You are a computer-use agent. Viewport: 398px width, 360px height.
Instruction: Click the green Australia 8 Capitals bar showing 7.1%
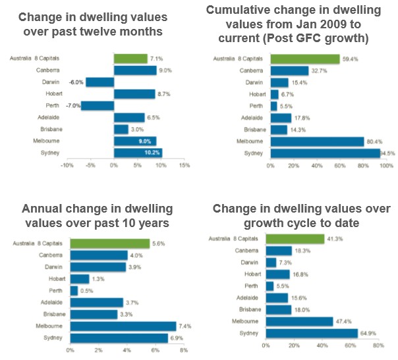pyautogui.click(x=130, y=59)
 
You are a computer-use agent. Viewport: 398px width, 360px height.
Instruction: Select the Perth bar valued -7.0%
pyautogui.click(x=97, y=105)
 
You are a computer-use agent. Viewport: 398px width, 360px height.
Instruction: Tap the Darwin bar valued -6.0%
pyautogui.click(x=99, y=82)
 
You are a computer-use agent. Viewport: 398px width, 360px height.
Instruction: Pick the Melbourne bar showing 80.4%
pyautogui.click(x=317, y=141)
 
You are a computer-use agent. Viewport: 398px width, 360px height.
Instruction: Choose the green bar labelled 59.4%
pyautogui.click(x=304, y=59)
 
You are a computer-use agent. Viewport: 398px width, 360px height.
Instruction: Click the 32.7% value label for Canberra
pyautogui.click(x=318, y=70)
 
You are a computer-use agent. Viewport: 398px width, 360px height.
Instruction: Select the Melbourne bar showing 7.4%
pyautogui.click(x=123, y=326)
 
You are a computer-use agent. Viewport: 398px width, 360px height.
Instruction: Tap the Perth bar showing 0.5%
pyautogui.click(x=74, y=290)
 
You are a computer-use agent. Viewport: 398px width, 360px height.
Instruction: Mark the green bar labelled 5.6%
pyautogui.click(x=109, y=243)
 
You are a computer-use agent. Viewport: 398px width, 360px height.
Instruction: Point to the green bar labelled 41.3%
pyautogui.click(x=295, y=238)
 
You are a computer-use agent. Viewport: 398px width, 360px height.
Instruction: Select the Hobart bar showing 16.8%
pyautogui.click(x=277, y=274)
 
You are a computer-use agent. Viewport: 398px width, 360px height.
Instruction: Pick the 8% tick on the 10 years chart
pyautogui.click(x=184, y=350)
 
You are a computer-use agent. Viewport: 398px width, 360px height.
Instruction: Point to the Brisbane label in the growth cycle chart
pyautogui.click(x=250, y=309)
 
